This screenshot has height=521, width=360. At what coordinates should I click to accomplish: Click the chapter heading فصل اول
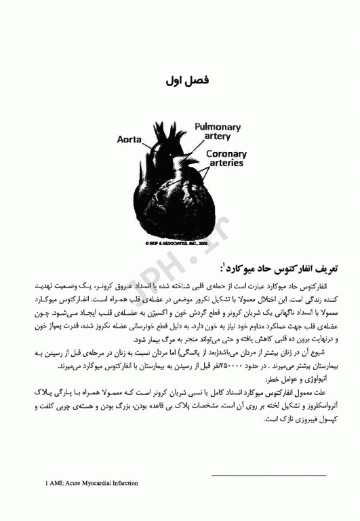pos(186,81)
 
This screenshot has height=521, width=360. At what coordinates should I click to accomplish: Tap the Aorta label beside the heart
pos(129,140)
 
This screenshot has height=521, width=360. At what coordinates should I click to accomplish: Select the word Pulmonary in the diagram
pos(218,127)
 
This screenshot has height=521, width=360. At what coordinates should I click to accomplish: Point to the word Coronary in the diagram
pos(227,154)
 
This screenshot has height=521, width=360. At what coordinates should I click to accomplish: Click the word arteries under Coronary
pos(227,163)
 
